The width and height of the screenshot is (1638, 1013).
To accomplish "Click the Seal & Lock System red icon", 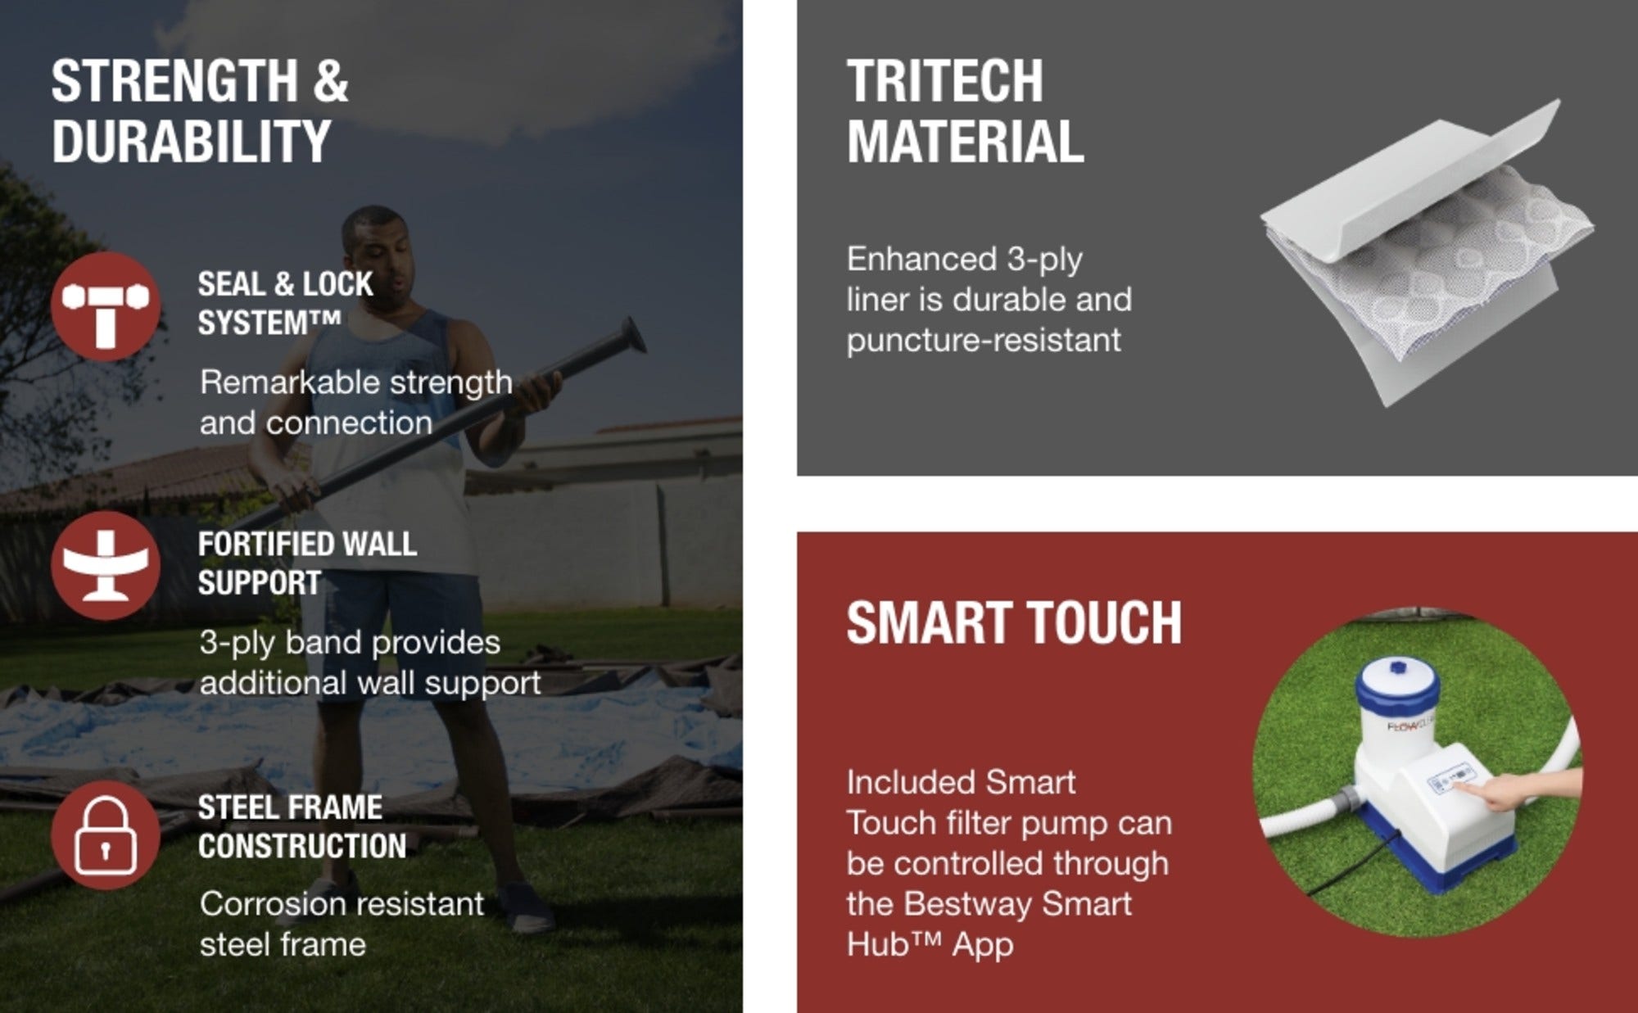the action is (106, 307).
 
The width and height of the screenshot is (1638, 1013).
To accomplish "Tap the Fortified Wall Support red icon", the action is (106, 566).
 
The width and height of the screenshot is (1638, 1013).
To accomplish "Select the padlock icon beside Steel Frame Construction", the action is (106, 835).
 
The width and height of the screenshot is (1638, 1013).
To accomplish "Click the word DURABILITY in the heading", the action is (192, 142).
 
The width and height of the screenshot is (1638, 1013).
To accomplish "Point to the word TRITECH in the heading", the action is (945, 81).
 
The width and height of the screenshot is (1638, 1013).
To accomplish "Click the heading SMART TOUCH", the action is (1014, 623).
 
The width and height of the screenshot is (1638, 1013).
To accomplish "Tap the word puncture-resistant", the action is (984, 340).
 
